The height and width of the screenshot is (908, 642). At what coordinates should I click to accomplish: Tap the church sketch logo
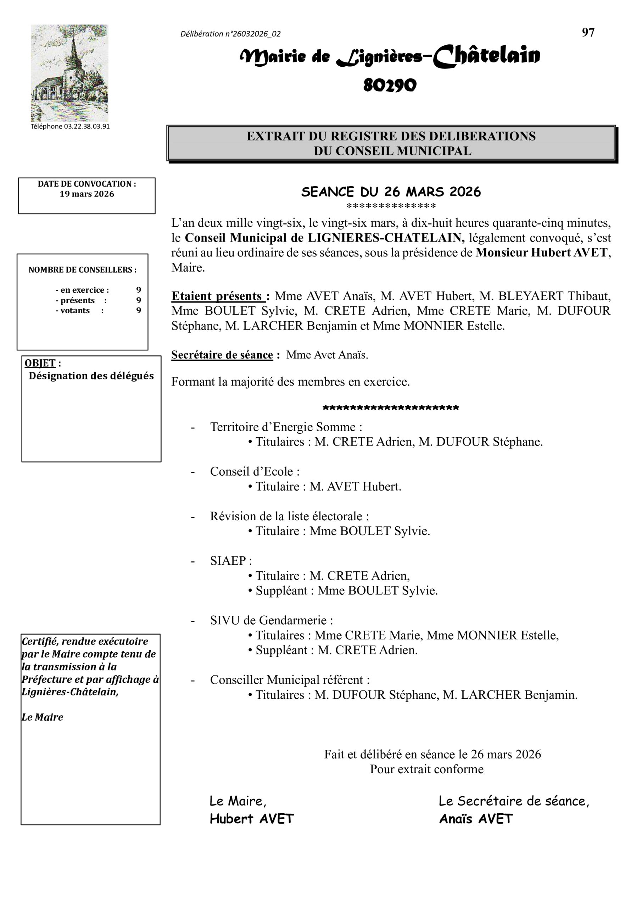[x=69, y=73]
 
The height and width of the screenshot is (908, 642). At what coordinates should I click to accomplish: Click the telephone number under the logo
[x=70, y=127]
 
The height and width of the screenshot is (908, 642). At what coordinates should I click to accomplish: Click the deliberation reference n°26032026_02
[x=230, y=34]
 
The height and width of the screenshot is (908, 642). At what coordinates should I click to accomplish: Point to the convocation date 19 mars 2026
[x=86, y=194]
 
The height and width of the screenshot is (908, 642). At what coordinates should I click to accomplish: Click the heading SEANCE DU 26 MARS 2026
[x=391, y=192]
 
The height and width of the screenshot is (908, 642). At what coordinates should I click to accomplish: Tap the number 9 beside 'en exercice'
[x=138, y=290]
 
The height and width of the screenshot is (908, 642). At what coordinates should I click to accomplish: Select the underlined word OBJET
[x=40, y=363]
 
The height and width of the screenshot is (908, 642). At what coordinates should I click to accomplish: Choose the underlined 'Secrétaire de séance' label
[x=222, y=355]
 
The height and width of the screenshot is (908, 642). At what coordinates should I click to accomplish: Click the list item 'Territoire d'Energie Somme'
[x=285, y=427]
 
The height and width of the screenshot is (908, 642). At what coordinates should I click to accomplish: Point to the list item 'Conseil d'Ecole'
[x=254, y=471]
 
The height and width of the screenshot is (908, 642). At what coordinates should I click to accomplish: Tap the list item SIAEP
[x=230, y=560]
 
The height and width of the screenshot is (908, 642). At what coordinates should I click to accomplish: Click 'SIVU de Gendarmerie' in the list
[x=271, y=620]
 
